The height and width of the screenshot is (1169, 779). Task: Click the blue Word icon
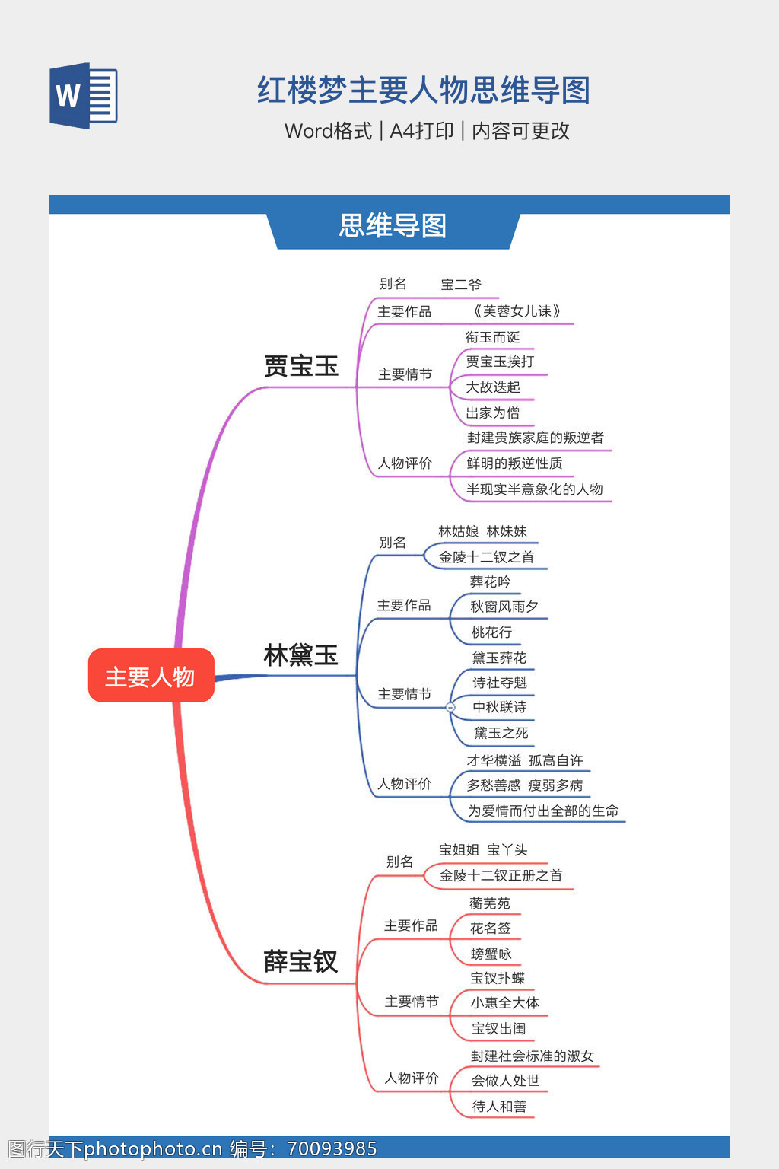point(84,95)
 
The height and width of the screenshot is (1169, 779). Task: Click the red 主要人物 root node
point(151,676)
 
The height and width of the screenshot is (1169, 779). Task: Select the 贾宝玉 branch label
point(300,366)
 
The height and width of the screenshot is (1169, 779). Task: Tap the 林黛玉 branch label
point(300,655)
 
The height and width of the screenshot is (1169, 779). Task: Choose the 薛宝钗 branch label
point(300,961)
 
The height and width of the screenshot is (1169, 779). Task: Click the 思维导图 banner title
point(393,226)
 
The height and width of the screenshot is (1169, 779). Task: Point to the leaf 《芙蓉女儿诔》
point(517,311)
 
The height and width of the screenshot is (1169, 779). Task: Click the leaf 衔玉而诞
point(492,337)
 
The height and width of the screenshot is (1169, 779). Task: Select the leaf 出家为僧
point(492,412)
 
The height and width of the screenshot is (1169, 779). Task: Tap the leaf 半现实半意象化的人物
point(534,489)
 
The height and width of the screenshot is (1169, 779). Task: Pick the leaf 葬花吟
point(490,582)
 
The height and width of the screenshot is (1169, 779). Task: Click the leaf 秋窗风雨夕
point(504,607)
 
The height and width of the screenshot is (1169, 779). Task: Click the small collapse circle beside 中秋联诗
point(450,707)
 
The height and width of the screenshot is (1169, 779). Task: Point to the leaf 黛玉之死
point(501,733)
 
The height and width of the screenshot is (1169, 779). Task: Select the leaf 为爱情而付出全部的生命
point(542,811)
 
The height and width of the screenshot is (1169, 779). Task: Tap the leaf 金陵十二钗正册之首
point(501,875)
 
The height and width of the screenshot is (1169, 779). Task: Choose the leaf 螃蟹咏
point(491,954)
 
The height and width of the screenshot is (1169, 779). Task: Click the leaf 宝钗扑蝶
point(498,978)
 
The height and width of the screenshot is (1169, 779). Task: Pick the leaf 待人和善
point(499,1106)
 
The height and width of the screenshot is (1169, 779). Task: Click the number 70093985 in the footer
point(332,1148)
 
